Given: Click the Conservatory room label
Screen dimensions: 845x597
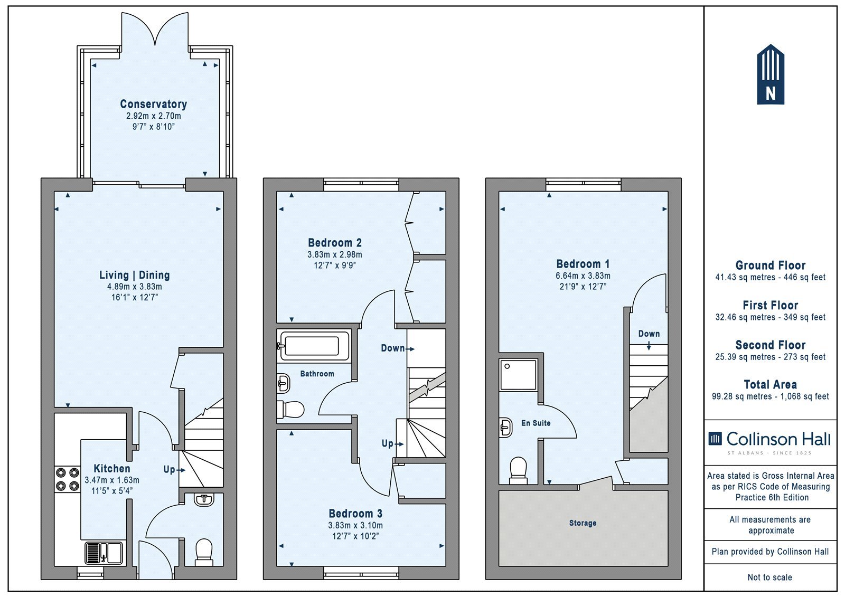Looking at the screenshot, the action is (154, 104).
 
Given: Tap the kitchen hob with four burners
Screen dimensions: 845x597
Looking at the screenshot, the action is (68, 479).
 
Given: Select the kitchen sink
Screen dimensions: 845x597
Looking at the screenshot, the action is (104, 553).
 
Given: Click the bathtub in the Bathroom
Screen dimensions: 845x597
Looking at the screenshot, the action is (313, 345).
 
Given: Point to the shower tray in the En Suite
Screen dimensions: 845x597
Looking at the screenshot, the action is (518, 374).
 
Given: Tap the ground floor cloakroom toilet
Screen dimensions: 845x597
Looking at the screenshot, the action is (204, 552).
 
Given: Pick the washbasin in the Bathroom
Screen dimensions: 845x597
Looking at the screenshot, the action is (283, 383).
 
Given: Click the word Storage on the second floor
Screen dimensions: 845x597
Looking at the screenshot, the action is (583, 523).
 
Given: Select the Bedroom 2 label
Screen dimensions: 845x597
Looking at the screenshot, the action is (335, 242).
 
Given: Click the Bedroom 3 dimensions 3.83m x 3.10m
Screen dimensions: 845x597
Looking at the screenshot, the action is (355, 525).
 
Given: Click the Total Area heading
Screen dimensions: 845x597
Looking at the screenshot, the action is (771, 384).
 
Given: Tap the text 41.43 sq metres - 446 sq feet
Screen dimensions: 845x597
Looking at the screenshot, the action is (771, 277).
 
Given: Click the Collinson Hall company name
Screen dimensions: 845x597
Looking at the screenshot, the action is (778, 439).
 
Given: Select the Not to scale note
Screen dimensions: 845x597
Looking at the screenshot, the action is (770, 577).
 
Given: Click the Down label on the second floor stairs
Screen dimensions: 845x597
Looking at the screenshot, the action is (649, 334).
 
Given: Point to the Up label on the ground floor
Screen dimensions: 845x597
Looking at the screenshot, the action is (170, 470).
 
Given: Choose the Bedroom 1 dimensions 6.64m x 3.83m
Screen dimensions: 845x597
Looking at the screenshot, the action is (583, 276).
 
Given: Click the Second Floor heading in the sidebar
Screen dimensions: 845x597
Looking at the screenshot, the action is (771, 345).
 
